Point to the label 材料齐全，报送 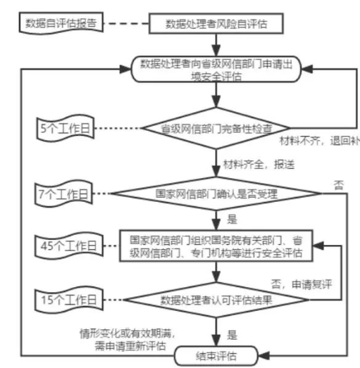pos(250,165)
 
